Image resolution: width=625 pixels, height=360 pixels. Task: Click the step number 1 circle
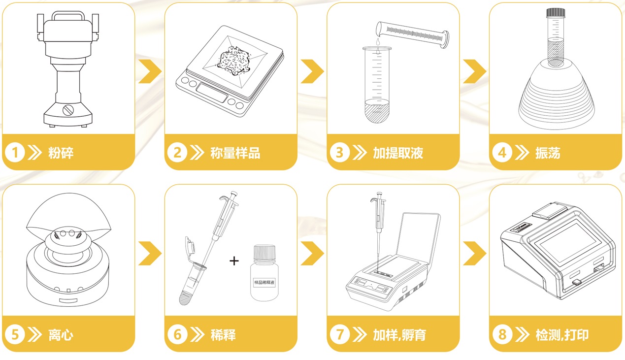15,153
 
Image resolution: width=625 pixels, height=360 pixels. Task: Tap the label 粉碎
61,153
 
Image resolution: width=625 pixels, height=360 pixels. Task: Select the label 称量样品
235,153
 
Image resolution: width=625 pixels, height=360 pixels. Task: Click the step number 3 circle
339,153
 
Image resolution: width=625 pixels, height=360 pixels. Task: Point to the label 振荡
548,153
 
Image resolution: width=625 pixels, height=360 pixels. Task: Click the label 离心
61,335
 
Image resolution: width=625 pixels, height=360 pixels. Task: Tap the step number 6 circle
177,335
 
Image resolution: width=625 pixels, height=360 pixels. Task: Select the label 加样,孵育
399,335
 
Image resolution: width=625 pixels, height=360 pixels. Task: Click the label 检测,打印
561,335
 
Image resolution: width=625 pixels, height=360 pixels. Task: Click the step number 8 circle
502,335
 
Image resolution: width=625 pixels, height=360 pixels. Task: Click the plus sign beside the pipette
234,261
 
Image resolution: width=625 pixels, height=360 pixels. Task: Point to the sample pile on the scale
234,60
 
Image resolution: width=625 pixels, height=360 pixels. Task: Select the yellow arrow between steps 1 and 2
150,72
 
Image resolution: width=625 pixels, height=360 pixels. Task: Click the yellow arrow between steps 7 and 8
474,254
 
